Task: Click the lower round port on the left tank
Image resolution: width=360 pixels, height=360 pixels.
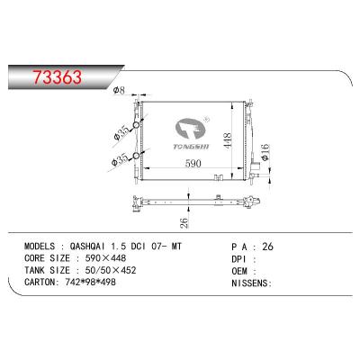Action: coord(137,160)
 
